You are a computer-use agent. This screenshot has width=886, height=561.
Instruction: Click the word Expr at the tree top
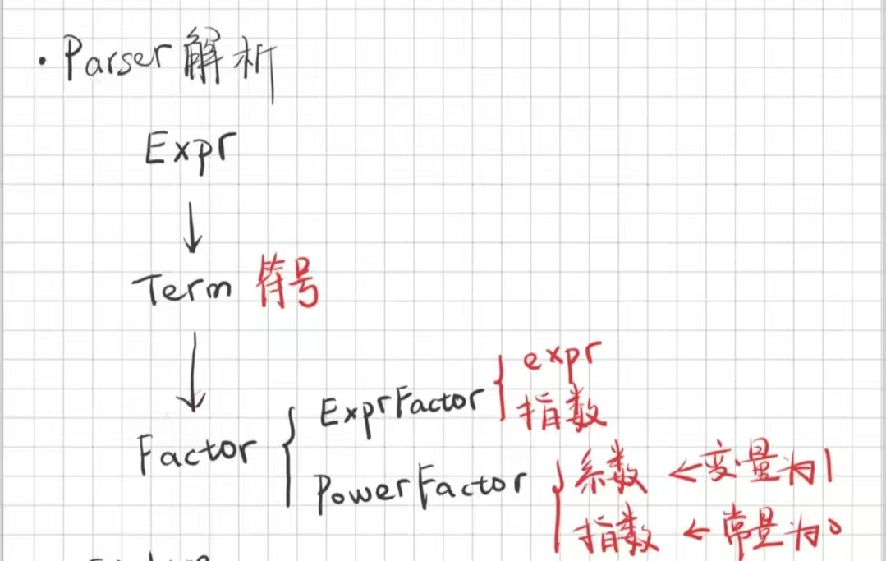(187, 151)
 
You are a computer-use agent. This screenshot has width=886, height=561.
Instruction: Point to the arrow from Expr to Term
(193, 231)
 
